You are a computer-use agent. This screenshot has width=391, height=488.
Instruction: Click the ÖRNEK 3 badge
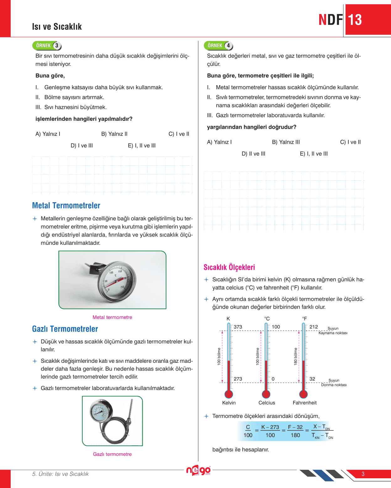(47, 46)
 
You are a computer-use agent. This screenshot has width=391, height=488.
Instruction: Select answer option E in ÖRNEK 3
(141, 146)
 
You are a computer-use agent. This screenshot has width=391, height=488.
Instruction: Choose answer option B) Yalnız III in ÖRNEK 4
(286, 142)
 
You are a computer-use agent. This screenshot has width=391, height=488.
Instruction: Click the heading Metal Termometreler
(66, 205)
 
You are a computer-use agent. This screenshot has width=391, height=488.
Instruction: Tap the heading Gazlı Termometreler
(65, 329)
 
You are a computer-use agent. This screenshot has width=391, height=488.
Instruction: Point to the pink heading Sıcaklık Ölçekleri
(229, 267)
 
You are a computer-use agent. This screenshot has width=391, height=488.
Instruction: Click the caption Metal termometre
(112, 317)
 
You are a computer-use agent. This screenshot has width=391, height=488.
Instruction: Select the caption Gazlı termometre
(112, 454)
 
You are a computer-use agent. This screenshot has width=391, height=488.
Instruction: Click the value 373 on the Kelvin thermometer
(238, 327)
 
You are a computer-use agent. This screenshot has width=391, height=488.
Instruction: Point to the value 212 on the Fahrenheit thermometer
(314, 327)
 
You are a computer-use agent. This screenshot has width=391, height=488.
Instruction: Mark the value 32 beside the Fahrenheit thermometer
(312, 379)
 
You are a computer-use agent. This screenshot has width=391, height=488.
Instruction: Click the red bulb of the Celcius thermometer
(266, 394)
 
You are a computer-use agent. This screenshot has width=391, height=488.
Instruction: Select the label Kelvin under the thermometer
(229, 403)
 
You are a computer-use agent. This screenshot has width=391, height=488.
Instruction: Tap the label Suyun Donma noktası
(334, 383)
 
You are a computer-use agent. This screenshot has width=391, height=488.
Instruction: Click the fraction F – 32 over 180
(295, 431)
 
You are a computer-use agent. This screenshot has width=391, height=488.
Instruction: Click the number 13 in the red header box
(355, 20)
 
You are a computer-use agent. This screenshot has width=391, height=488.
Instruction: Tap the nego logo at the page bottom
(198, 470)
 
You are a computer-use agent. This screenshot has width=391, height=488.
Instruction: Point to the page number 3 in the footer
(363, 474)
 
